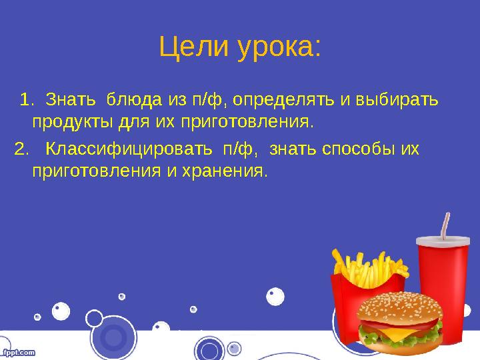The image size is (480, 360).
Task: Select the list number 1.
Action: tap(26, 100)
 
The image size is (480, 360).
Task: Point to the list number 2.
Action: tap(21, 148)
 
